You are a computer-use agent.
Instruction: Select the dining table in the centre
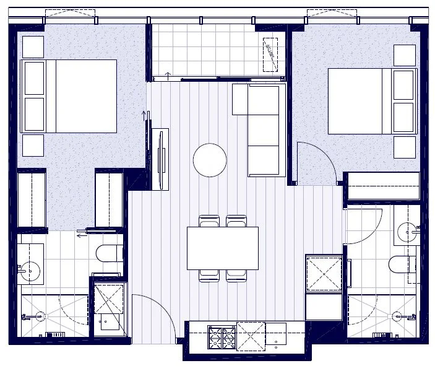point(223,248)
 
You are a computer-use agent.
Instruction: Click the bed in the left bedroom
point(69,96)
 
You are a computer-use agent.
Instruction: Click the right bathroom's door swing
point(364,226)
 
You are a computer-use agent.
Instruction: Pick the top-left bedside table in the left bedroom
point(33,47)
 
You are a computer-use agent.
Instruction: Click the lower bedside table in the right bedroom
point(404,147)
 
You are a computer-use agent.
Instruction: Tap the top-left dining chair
point(209,221)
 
